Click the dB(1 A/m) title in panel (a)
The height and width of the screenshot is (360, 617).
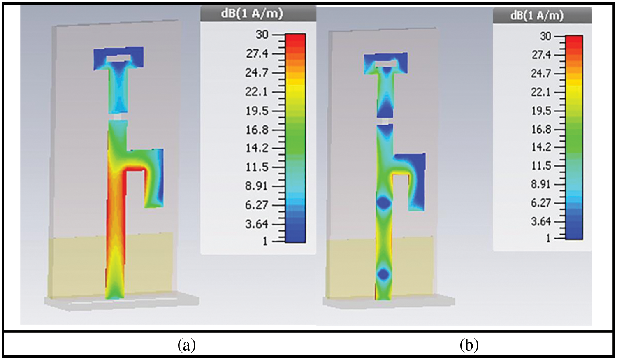(252, 14)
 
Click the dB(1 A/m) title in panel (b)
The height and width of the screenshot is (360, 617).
(537, 16)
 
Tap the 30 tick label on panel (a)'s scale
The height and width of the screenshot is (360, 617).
(262, 35)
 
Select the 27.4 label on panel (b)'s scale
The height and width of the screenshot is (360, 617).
(541, 56)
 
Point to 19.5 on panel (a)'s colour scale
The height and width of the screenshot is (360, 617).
(257, 111)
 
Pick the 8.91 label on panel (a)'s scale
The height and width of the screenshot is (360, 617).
(257, 186)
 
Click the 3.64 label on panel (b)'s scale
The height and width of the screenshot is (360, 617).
(541, 221)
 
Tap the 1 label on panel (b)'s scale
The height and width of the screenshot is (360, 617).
(549, 238)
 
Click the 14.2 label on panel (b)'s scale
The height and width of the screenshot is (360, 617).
(541, 148)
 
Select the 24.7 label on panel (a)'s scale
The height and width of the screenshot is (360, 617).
(257, 73)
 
